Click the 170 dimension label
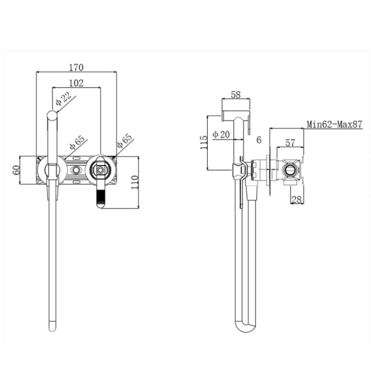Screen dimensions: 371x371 [x=76, y=67]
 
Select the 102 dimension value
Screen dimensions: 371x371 [x=76, y=83]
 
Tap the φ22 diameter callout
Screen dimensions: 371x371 [x=63, y=99]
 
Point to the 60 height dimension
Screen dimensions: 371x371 [x=16, y=170]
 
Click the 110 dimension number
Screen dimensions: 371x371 [x=134, y=182]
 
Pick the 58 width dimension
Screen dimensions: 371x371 [x=236, y=95]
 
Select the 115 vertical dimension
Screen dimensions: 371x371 [x=204, y=142]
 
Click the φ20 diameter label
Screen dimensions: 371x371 [x=221, y=134]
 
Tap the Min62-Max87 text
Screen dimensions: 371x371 [x=334, y=124]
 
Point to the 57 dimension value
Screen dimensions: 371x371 [x=290, y=143]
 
